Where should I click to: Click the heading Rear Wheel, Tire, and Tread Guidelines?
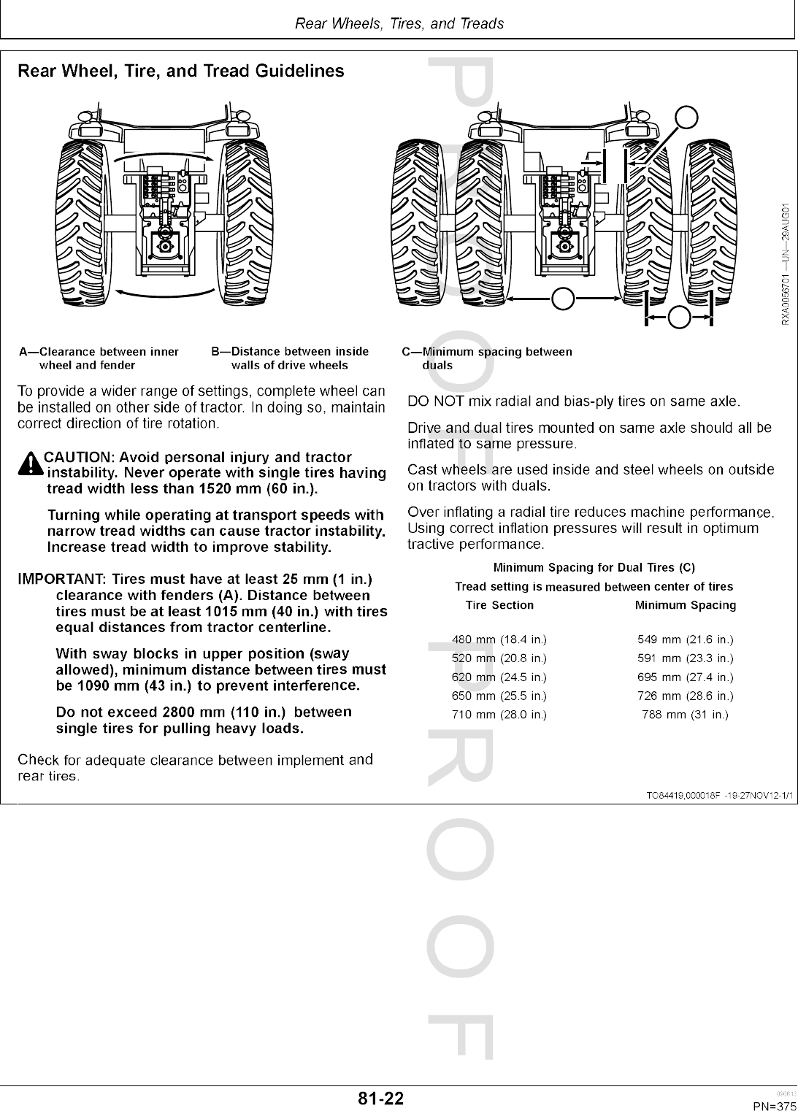coord(180,72)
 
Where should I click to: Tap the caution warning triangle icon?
coord(31,464)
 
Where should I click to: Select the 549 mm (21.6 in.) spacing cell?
coord(685,640)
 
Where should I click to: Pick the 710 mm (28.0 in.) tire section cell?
coord(499,715)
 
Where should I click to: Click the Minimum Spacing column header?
coord(685,605)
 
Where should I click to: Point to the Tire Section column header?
coord(499,605)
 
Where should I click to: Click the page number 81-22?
coord(380,1099)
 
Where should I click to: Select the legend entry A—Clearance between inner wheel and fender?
coord(99,358)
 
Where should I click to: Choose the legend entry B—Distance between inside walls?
coord(290,358)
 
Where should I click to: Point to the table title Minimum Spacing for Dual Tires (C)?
coord(594,567)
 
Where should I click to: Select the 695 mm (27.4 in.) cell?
coord(685,677)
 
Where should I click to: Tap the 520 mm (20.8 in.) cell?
coord(499,659)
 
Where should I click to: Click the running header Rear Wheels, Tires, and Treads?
coord(399,23)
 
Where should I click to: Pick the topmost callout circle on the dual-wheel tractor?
coord(686,117)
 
